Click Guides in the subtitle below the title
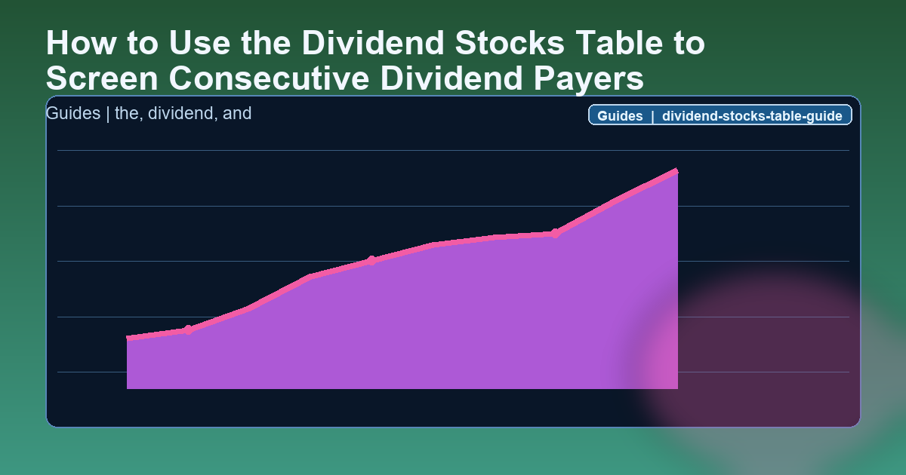click(x=72, y=115)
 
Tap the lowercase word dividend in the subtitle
click(x=181, y=115)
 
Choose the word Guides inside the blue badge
click(x=620, y=116)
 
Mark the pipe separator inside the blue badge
click(x=652, y=116)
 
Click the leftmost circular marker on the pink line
click(x=188, y=329)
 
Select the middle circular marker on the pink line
click(x=371, y=261)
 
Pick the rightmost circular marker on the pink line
click(x=555, y=233)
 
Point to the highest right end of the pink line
click(x=676, y=172)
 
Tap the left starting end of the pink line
click(x=128, y=339)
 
